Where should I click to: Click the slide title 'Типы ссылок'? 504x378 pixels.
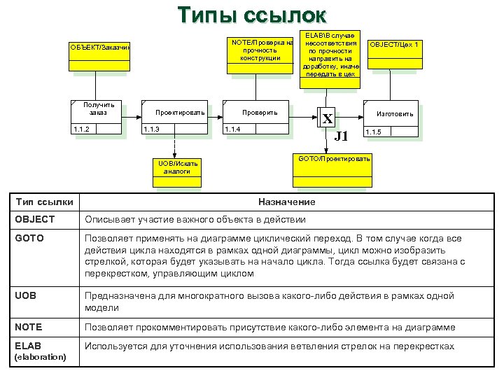(251, 15)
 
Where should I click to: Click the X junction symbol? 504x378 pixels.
(327, 118)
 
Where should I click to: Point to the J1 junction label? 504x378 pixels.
(341, 136)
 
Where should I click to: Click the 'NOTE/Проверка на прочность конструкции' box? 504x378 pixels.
(260, 50)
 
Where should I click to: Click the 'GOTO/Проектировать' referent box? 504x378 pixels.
(334, 160)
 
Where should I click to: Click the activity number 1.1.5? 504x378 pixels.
(373, 132)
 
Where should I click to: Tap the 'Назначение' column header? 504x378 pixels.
(286, 202)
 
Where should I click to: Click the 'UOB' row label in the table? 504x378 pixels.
(24, 297)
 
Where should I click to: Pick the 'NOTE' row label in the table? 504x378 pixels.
(27, 327)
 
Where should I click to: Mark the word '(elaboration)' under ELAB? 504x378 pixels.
(40, 356)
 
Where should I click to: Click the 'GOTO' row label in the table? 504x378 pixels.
(28, 238)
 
